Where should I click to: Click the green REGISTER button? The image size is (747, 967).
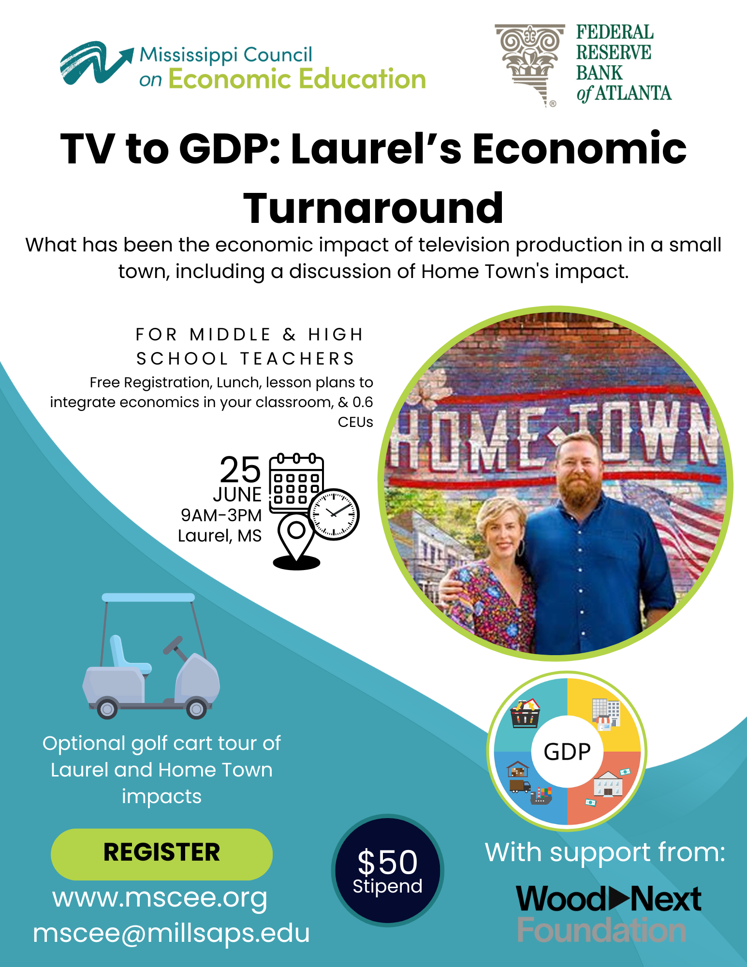click(161, 854)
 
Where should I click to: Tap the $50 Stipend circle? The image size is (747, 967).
click(387, 870)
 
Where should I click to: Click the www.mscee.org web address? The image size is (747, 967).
click(160, 899)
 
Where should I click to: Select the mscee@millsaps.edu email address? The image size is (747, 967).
click(171, 933)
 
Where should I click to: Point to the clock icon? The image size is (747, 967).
click(334, 514)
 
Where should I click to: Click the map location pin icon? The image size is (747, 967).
click(296, 542)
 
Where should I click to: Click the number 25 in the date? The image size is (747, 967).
click(240, 470)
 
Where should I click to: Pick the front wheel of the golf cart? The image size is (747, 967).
click(196, 709)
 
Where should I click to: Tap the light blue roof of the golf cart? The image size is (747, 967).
click(148, 598)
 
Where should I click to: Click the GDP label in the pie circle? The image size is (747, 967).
click(567, 752)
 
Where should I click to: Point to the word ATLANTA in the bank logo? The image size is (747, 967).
click(633, 93)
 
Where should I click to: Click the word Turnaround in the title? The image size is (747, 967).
click(373, 208)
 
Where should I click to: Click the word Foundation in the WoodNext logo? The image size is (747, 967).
click(601, 930)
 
